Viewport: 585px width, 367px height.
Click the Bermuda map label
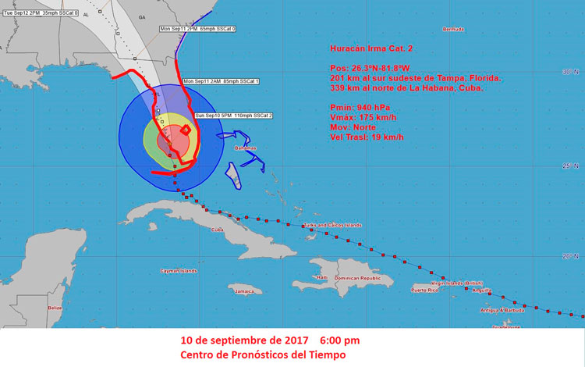tap(453, 29)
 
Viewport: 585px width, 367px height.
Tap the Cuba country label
tap(218, 230)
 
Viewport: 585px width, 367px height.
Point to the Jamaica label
tap(245, 291)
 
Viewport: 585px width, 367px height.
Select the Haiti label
tap(321, 278)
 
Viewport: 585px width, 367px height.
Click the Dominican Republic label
tap(358, 278)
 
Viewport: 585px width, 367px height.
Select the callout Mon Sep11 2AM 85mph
tap(221, 81)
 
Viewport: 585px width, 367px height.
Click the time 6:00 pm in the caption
tap(339, 341)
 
